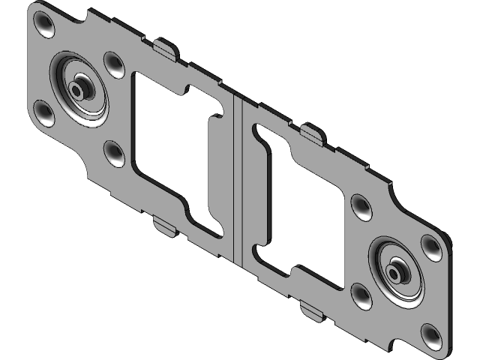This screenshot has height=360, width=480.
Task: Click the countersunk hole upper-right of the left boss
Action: pos(113,64)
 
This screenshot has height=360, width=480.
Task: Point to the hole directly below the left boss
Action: pos(115,152)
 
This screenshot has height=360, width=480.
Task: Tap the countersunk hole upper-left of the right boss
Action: pos(361,208)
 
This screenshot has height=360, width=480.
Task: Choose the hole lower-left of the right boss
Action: pos(361,297)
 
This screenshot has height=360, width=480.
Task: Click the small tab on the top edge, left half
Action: pos(166,49)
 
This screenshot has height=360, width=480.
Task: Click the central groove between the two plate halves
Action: pos(237,180)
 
